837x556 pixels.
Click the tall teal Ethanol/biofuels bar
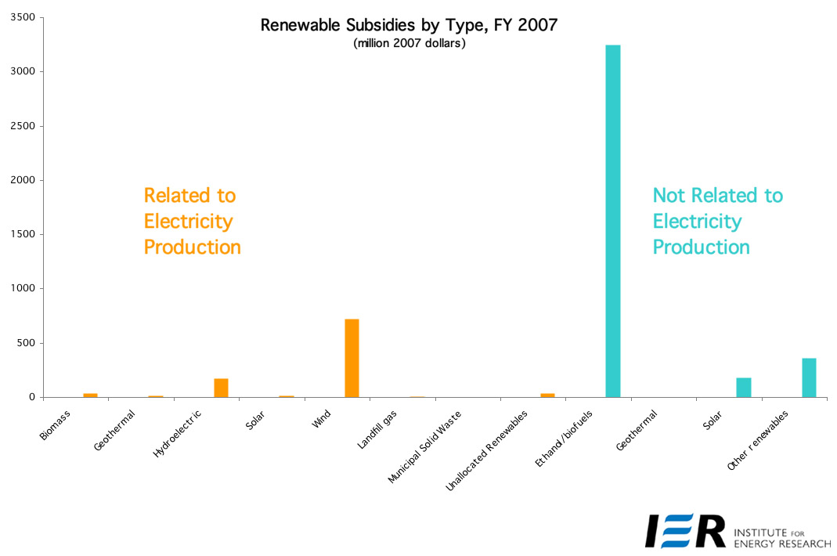613,221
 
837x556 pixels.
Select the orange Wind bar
352,358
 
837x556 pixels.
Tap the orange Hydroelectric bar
221,388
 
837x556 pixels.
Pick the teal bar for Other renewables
809,377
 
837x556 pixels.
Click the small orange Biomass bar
90,395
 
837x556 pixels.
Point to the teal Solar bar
744,387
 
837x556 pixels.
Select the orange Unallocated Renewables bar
547,395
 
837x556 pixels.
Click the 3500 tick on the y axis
23,17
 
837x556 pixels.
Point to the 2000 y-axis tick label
23,180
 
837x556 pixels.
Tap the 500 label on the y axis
26,343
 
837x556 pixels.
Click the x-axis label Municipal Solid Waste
424,447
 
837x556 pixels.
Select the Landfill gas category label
377,429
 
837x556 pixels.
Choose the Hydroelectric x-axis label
177,433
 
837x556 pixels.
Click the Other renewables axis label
757,440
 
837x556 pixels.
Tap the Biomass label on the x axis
55,425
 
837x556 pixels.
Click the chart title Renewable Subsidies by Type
409,25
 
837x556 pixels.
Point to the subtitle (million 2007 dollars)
409,43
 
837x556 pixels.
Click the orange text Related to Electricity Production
192,221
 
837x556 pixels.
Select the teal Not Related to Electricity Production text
717,221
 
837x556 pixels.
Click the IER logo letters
685,531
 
